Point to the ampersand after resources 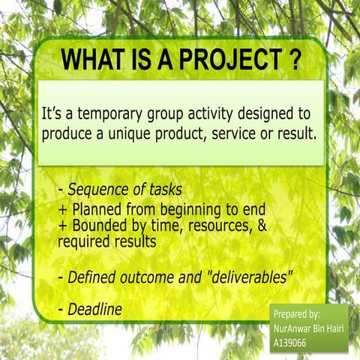pos(260,226)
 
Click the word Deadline pos(94,308)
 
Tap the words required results pos(106,242)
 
